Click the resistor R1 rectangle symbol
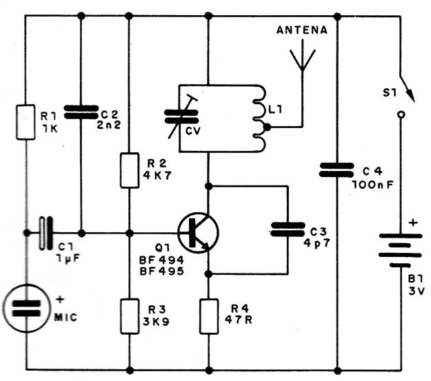26,122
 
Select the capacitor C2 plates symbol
81,112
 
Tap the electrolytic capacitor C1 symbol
46,234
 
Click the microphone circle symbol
26,309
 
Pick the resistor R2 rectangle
130,171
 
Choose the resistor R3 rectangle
130,316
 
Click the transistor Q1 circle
198,233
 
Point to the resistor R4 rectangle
209,316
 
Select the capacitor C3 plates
288,229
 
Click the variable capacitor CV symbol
181,116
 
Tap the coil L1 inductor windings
259,118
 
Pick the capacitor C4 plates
337,169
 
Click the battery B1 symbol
400,250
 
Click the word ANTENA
302,30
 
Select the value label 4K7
157,175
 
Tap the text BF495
161,271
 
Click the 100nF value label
372,185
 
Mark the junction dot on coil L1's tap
267,127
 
